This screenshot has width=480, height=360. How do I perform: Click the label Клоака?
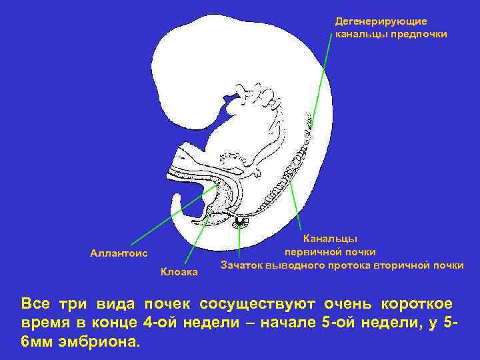point(180,271)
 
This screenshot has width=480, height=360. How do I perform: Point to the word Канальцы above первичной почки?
point(331,239)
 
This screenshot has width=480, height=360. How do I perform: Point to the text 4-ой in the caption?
point(159,323)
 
